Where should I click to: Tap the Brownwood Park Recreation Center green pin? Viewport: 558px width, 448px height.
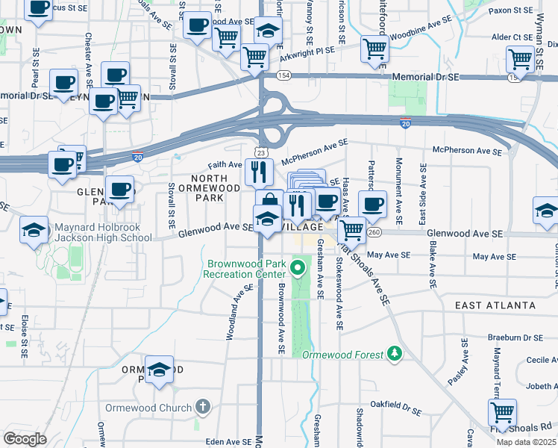[x=299, y=265]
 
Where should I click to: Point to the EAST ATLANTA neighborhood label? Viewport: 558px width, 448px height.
[x=495, y=305]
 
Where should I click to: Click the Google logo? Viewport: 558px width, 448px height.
[x=25, y=438]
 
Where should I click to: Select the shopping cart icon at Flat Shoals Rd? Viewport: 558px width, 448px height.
[x=503, y=411]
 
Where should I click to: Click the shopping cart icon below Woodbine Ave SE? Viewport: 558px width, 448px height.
[x=374, y=49]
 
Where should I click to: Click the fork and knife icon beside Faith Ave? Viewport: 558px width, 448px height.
[x=258, y=172]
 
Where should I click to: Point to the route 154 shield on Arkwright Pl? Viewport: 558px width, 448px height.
[x=283, y=75]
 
